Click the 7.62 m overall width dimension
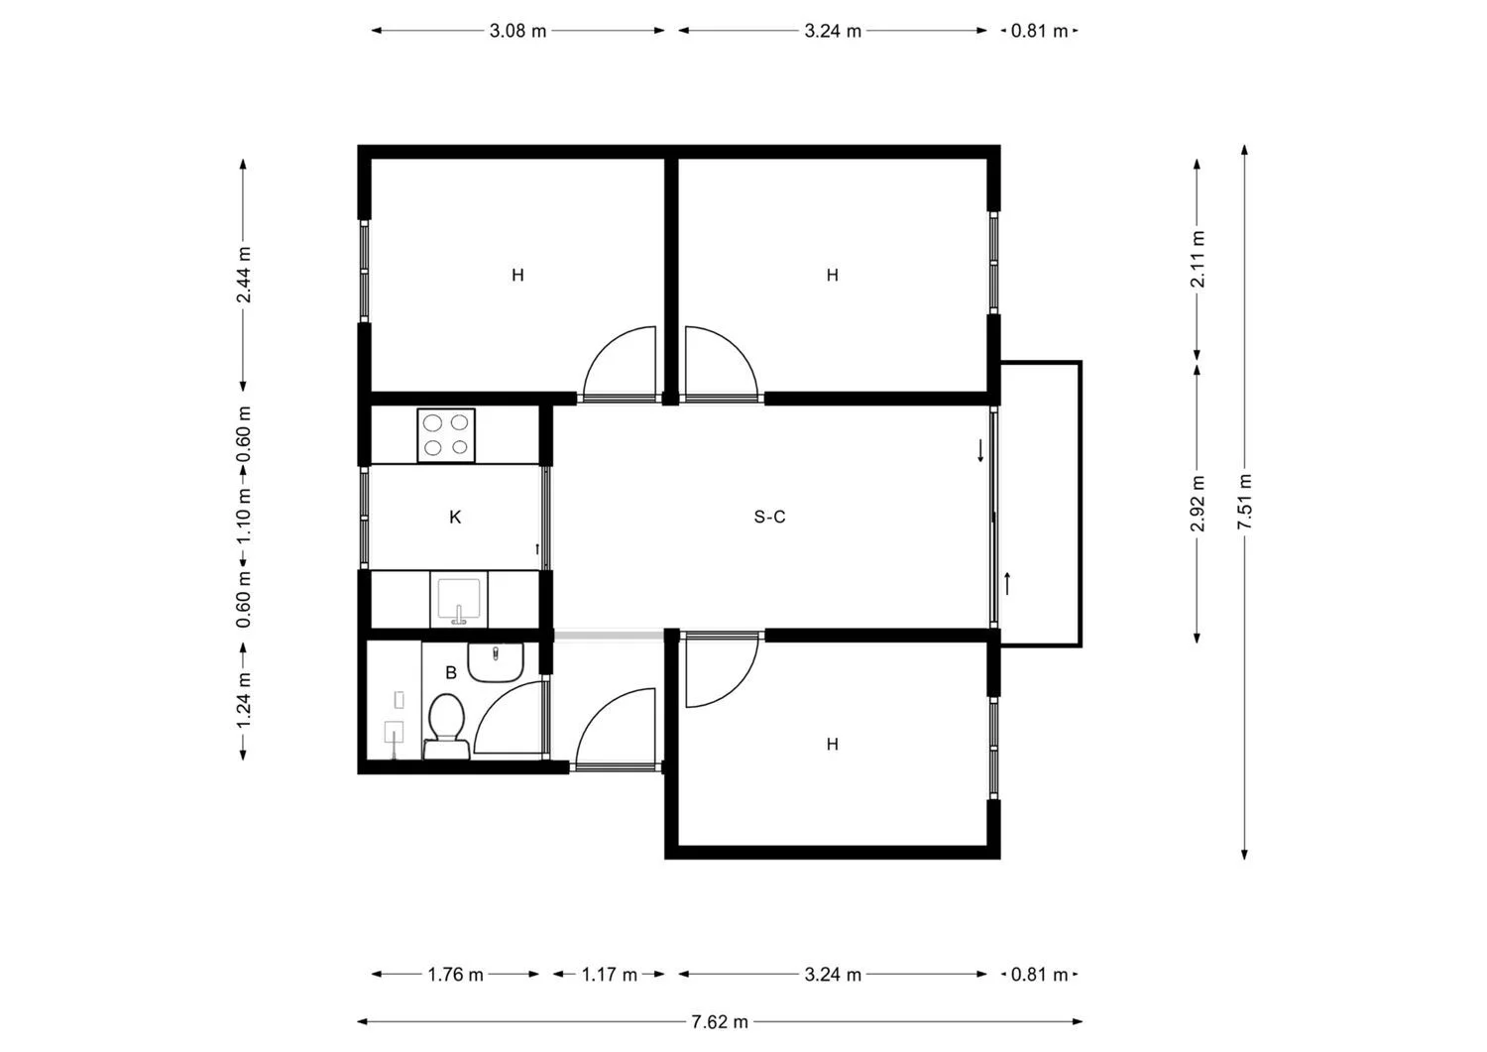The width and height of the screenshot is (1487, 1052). (720, 1021)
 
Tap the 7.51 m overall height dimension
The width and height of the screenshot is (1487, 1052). (1245, 502)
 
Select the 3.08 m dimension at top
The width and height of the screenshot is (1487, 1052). (517, 31)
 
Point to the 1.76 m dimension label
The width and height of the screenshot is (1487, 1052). (455, 975)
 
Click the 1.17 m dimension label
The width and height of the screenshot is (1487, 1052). (609, 975)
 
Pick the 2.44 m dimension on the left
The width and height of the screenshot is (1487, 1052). (243, 275)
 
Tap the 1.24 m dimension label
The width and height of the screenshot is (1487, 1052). (243, 699)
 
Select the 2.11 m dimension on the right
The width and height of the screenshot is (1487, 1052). (1198, 259)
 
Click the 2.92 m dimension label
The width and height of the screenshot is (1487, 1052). (1198, 503)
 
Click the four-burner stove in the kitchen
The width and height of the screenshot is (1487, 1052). (445, 434)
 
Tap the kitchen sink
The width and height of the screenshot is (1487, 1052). (458, 601)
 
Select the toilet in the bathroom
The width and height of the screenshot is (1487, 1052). (446, 727)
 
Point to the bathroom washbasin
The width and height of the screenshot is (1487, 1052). (495, 661)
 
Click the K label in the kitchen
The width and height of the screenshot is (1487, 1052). (455, 517)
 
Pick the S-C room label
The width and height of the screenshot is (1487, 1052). (769, 517)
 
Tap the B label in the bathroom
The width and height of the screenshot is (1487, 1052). (451, 672)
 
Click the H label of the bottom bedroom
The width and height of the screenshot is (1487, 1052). (832, 744)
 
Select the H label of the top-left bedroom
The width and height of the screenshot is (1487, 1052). (517, 275)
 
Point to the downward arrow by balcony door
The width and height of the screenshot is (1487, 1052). (980, 450)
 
